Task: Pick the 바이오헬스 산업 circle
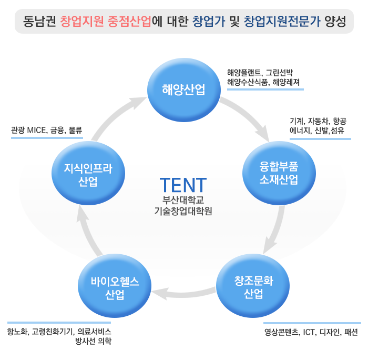115,287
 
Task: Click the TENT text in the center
183,185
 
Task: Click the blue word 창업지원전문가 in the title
284,22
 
